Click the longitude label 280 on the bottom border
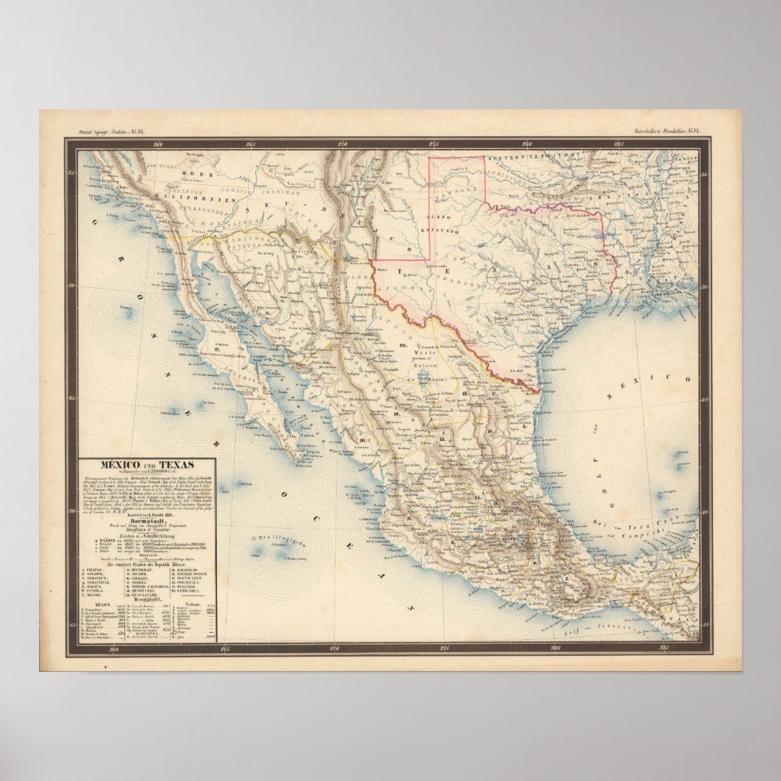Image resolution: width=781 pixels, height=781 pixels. click(555, 649)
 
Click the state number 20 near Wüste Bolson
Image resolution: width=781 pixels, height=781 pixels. click(403, 346)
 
